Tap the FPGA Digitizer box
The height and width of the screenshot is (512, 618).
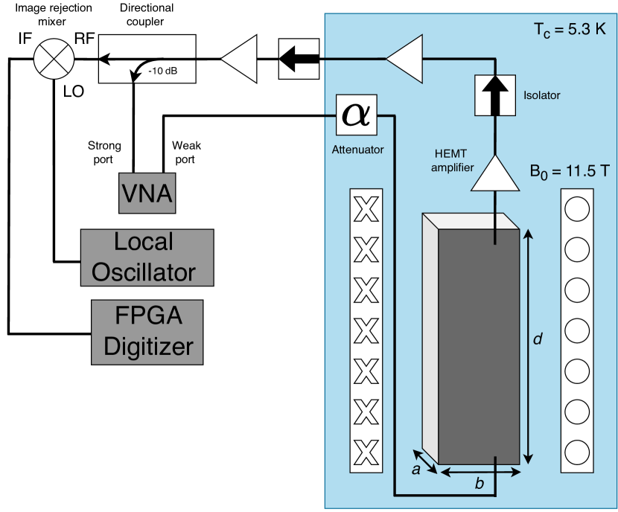148,332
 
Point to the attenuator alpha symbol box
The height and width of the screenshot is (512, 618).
356,114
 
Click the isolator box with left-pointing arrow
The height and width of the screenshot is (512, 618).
299,57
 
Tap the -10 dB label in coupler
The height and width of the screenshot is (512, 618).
162,71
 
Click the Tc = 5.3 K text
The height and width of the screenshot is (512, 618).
570,31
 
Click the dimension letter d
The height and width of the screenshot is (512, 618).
538,339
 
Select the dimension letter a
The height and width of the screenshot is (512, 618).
417,469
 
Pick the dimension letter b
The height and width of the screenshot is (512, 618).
480,484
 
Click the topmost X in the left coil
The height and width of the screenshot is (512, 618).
366,211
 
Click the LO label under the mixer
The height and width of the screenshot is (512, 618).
72,91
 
